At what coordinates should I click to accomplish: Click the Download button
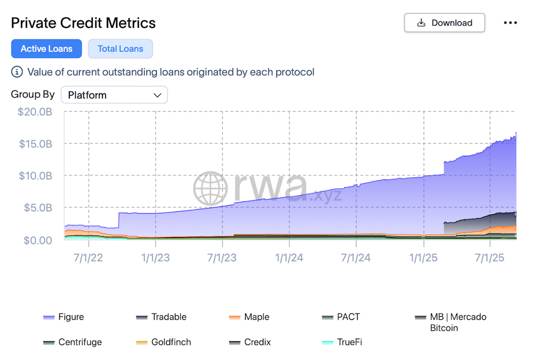pyautogui.click(x=445, y=23)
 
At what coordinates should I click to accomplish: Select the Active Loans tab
pyautogui.click(x=46, y=49)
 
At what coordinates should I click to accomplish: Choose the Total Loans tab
pyautogui.click(x=120, y=49)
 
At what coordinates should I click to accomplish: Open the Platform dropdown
pyautogui.click(x=115, y=95)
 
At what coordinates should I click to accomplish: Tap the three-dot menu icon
pyautogui.click(x=510, y=23)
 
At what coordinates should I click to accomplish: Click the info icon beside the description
pyautogui.click(x=17, y=72)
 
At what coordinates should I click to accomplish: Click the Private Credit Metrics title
pyautogui.click(x=83, y=23)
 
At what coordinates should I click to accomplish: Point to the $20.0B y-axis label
pyautogui.click(x=35, y=112)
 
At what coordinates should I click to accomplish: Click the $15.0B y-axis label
pyautogui.click(x=35, y=144)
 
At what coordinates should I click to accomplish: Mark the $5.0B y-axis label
pyautogui.click(x=37, y=208)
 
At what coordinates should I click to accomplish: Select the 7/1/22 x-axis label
pyautogui.click(x=88, y=258)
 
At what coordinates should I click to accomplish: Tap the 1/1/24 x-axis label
pyautogui.click(x=289, y=258)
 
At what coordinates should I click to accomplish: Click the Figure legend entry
pyautogui.click(x=71, y=317)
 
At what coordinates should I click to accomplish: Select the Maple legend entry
pyautogui.click(x=256, y=317)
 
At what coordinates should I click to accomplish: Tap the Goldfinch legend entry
pyautogui.click(x=171, y=342)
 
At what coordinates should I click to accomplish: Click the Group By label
pyautogui.click(x=33, y=95)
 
